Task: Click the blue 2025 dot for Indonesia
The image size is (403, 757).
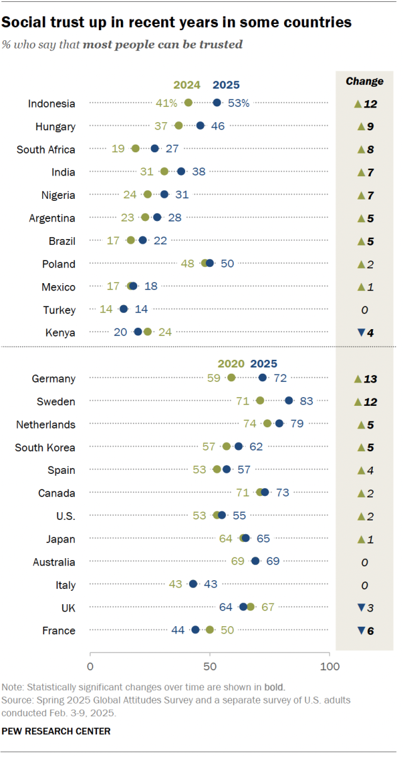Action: [x=217, y=103]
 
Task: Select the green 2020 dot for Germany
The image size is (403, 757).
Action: [x=231, y=378]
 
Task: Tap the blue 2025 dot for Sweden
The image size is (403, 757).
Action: [x=288, y=400]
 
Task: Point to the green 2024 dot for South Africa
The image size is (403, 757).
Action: [x=135, y=149]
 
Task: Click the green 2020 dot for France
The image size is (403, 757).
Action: [x=210, y=630]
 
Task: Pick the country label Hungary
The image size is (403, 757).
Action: [x=55, y=126]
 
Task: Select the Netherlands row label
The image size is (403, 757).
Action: [x=46, y=425]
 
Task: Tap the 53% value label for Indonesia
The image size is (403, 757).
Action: [x=239, y=103]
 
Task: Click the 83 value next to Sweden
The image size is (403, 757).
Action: [x=306, y=401]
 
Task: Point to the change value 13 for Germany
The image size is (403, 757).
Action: [x=370, y=379]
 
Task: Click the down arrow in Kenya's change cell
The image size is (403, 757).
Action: [x=361, y=332]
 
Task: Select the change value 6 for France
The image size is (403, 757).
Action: [x=370, y=631]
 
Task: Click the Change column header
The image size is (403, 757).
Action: [x=365, y=81]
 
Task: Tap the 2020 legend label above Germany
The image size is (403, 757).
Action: [x=231, y=364]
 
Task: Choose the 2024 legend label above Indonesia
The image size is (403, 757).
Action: [x=187, y=85]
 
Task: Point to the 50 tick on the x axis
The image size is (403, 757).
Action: [x=210, y=666]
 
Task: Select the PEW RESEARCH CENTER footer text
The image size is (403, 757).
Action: [x=56, y=731]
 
